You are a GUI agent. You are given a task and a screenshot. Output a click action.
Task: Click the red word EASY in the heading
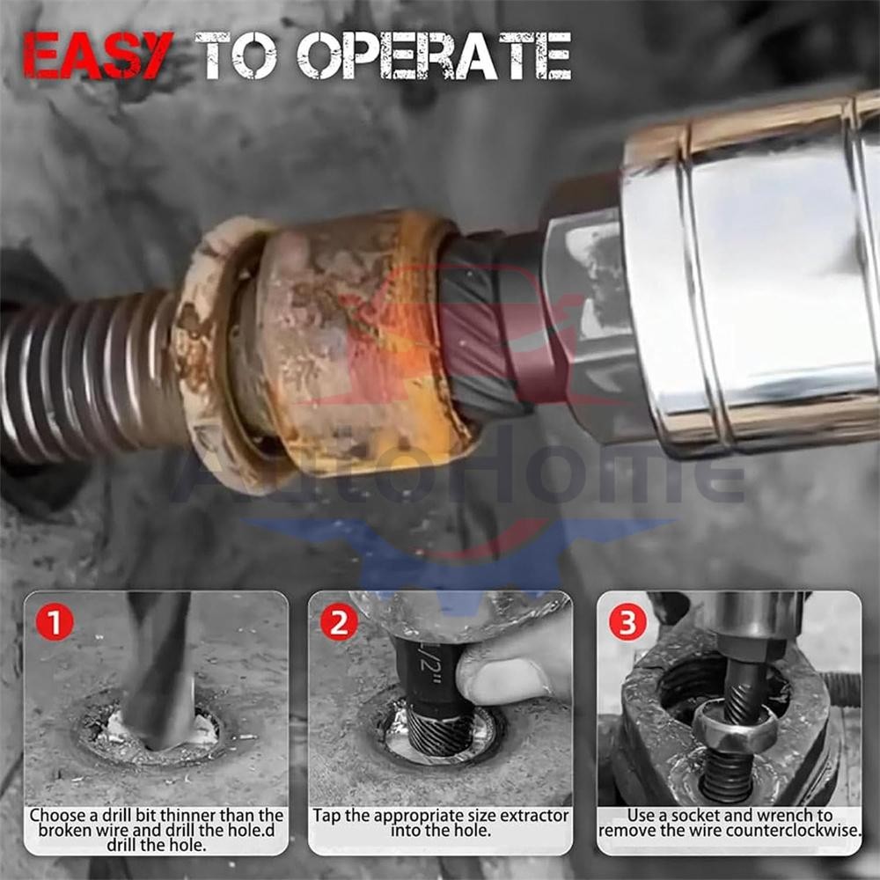(x=98, y=55)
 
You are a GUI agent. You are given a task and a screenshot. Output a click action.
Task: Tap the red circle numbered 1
(x=54, y=623)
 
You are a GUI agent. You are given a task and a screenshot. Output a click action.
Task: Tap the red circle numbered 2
(x=338, y=623)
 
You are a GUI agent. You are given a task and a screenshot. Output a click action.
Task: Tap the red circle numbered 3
(x=627, y=622)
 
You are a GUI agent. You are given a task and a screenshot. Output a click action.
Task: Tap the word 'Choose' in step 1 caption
(x=57, y=816)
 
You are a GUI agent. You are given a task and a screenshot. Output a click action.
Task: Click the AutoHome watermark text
(x=458, y=475)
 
